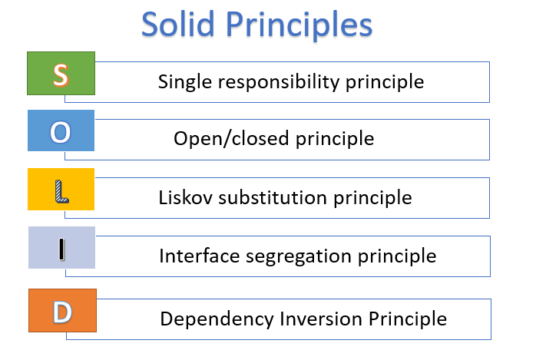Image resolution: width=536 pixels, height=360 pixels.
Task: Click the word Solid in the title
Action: [x=177, y=24]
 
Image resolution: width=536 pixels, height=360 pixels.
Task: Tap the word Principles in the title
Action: [x=299, y=26]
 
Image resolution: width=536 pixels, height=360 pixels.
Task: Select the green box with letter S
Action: [x=61, y=73]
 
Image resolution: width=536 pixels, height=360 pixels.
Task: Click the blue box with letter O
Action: [x=61, y=130]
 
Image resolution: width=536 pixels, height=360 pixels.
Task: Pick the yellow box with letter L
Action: [x=61, y=189]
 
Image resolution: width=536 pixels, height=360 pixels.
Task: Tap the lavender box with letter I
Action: [x=61, y=247]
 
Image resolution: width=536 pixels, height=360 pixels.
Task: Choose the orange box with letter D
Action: [x=62, y=310]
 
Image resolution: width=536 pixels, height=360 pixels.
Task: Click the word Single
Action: [x=184, y=82]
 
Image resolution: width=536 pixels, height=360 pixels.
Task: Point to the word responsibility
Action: [x=279, y=82]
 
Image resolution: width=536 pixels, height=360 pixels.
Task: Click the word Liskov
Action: [x=185, y=197]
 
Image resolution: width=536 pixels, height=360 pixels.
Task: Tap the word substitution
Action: [x=273, y=197]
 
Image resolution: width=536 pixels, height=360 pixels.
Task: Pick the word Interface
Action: [x=200, y=256]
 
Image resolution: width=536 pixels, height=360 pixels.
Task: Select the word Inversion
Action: [x=321, y=319]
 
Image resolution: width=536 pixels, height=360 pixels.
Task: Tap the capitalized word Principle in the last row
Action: [x=408, y=319]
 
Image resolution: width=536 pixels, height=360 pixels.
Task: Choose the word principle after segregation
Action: [x=397, y=257]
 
